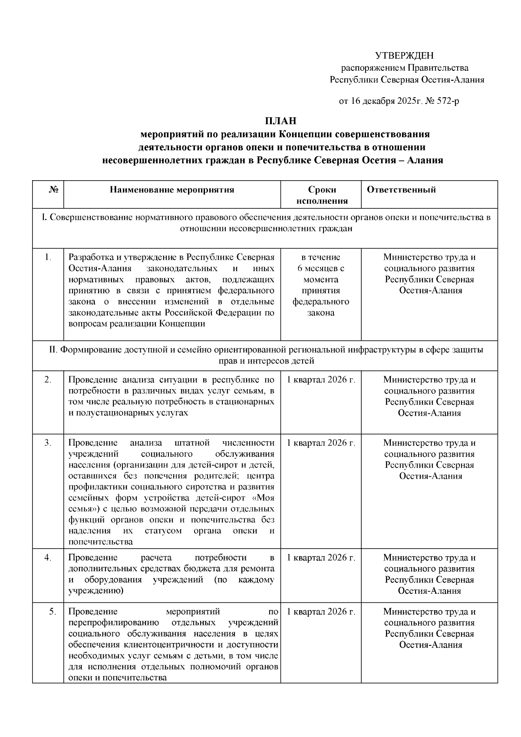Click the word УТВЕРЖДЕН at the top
click(404, 56)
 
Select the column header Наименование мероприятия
click(172, 190)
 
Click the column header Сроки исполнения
click(322, 195)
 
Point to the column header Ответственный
click(401, 190)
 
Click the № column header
click(54, 190)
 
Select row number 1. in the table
click(48, 257)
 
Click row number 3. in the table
click(48, 443)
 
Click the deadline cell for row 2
click(321, 380)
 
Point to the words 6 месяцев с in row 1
click(321, 268)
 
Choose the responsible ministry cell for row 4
click(429, 574)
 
